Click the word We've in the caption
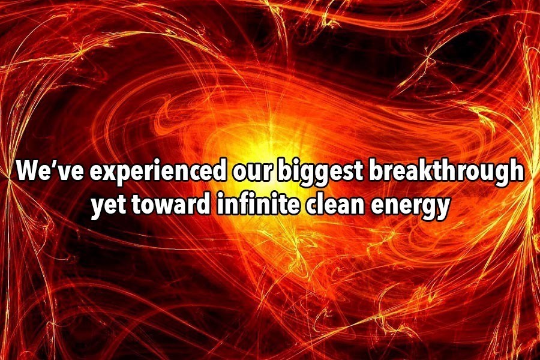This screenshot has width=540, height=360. pyautogui.click(x=50, y=170)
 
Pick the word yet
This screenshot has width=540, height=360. pyautogui.click(x=107, y=206)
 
